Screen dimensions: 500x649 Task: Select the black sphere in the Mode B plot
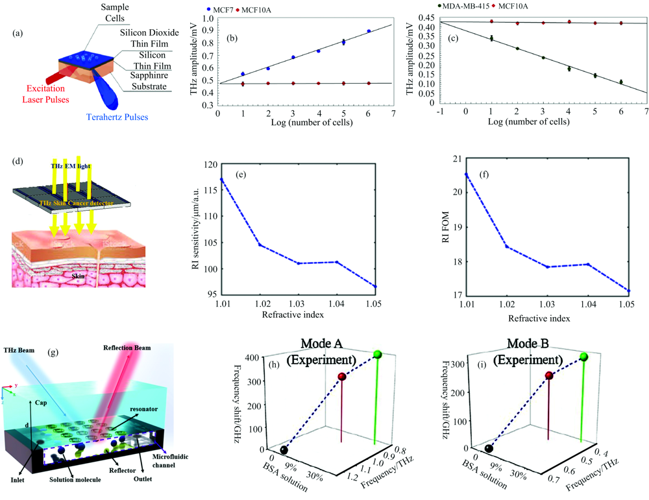point(489,447)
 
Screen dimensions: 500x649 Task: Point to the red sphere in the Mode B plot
point(549,376)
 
